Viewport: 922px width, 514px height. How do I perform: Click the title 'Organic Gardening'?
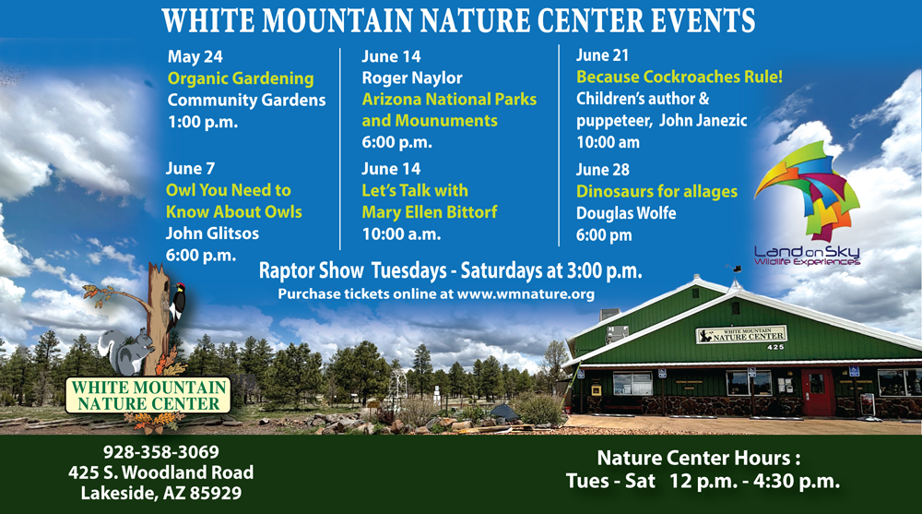pos(241,78)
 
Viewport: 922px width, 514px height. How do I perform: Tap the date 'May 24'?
pos(195,56)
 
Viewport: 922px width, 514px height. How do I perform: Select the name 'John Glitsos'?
pos(212,233)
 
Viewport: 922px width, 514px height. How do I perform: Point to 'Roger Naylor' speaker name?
pos(412,78)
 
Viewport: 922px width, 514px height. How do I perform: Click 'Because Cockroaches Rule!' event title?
pos(680,77)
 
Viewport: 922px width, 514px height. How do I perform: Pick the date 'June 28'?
pos(603,170)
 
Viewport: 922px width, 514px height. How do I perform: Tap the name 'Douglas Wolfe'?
pos(626,212)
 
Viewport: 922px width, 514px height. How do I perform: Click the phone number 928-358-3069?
pos(161,451)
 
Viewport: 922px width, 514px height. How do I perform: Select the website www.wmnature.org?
pos(526,293)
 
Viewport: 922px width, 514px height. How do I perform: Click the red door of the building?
pos(817,392)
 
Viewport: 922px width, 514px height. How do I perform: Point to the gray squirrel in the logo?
pos(125,352)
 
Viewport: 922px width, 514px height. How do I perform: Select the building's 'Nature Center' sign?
pos(741,334)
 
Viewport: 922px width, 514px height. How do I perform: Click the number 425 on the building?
pos(775,347)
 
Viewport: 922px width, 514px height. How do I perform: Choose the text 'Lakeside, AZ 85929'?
pos(161,493)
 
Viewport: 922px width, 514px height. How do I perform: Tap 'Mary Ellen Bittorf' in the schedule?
pos(430,212)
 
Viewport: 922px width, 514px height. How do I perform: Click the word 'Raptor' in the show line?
pos(311,270)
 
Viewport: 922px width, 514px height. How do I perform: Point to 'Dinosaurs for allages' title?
pos(656,191)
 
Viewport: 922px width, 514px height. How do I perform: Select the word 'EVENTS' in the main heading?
pos(703,20)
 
